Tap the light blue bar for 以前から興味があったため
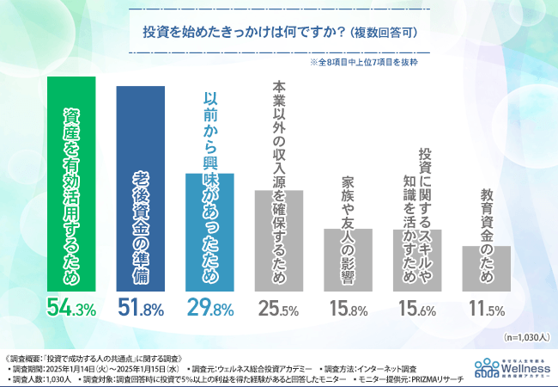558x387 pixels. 209,232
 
